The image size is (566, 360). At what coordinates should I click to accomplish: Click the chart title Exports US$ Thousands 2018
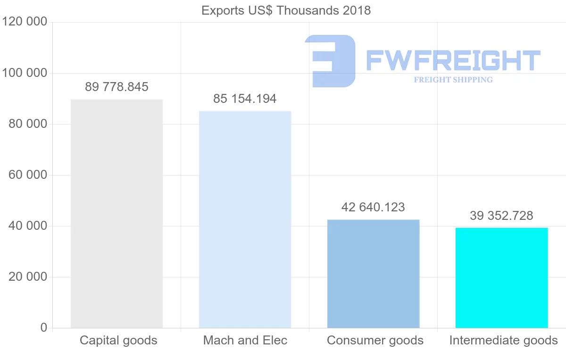[x=286, y=10]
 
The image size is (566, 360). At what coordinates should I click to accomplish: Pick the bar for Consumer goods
[x=373, y=274]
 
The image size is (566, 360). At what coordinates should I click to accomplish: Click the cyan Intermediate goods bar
[x=501, y=278]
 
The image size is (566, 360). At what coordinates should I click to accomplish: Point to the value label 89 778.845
[x=117, y=87]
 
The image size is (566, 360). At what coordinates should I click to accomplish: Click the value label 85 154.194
[x=245, y=99]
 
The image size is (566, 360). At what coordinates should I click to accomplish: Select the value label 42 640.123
[x=373, y=207]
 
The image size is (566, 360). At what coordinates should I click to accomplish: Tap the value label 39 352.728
[x=501, y=216]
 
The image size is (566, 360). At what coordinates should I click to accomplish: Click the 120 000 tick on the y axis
[x=25, y=22]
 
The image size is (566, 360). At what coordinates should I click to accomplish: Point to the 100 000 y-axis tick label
[x=25, y=73]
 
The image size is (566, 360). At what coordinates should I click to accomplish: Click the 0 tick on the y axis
[x=44, y=328]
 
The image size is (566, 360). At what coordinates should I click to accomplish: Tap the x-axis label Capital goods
[x=118, y=341]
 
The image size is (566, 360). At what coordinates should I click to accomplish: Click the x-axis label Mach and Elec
[x=245, y=341]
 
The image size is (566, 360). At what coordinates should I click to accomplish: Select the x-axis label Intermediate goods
[x=503, y=341]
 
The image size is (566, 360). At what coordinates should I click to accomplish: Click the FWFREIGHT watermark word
[x=453, y=61]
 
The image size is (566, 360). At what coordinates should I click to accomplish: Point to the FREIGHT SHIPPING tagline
[x=453, y=80]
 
